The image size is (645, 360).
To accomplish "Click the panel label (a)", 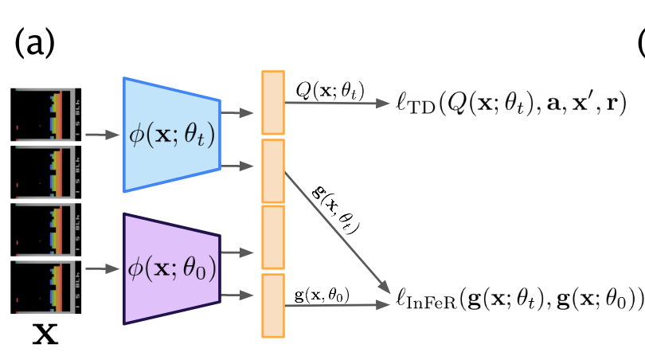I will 34,44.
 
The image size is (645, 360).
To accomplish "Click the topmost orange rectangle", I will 273,102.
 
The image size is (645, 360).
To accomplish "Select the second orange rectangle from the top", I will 273,170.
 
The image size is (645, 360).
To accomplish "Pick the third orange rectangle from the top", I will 273,237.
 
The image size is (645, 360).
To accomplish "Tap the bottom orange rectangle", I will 273,303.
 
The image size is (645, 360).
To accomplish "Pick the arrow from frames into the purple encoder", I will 98,269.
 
